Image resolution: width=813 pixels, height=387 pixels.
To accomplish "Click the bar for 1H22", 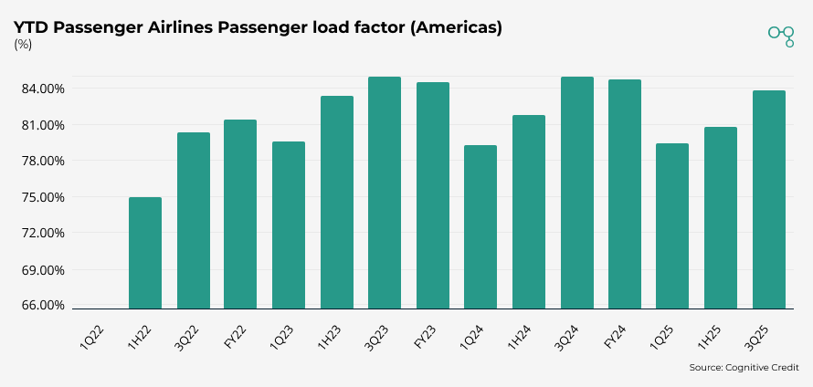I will [x=145, y=253].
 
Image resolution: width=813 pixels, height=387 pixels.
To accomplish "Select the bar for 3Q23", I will [x=385, y=193].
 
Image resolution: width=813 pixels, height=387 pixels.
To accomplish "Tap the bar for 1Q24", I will [x=480, y=227].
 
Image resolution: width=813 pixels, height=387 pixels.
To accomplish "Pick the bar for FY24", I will [x=625, y=194].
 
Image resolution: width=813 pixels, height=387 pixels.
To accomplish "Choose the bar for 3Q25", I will [x=768, y=200].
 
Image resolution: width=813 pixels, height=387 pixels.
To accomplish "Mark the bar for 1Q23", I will [x=289, y=225].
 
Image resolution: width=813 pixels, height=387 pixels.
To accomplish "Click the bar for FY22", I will [x=240, y=214].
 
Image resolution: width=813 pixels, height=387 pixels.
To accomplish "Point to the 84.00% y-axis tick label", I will [x=41, y=89].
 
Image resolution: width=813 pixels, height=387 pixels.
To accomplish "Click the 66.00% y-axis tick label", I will [x=41, y=305].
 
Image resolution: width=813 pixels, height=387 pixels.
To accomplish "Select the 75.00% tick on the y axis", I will [x=41, y=197].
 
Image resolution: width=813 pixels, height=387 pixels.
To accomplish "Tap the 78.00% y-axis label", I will [x=41, y=161].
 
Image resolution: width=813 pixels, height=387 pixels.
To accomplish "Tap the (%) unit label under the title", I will [x=24, y=45].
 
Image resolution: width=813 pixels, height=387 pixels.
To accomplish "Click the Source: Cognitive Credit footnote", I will [x=744, y=368].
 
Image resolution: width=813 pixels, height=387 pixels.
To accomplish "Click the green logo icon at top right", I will [x=781, y=35].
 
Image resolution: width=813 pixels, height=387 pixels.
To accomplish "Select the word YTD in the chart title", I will [x=30, y=27].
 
